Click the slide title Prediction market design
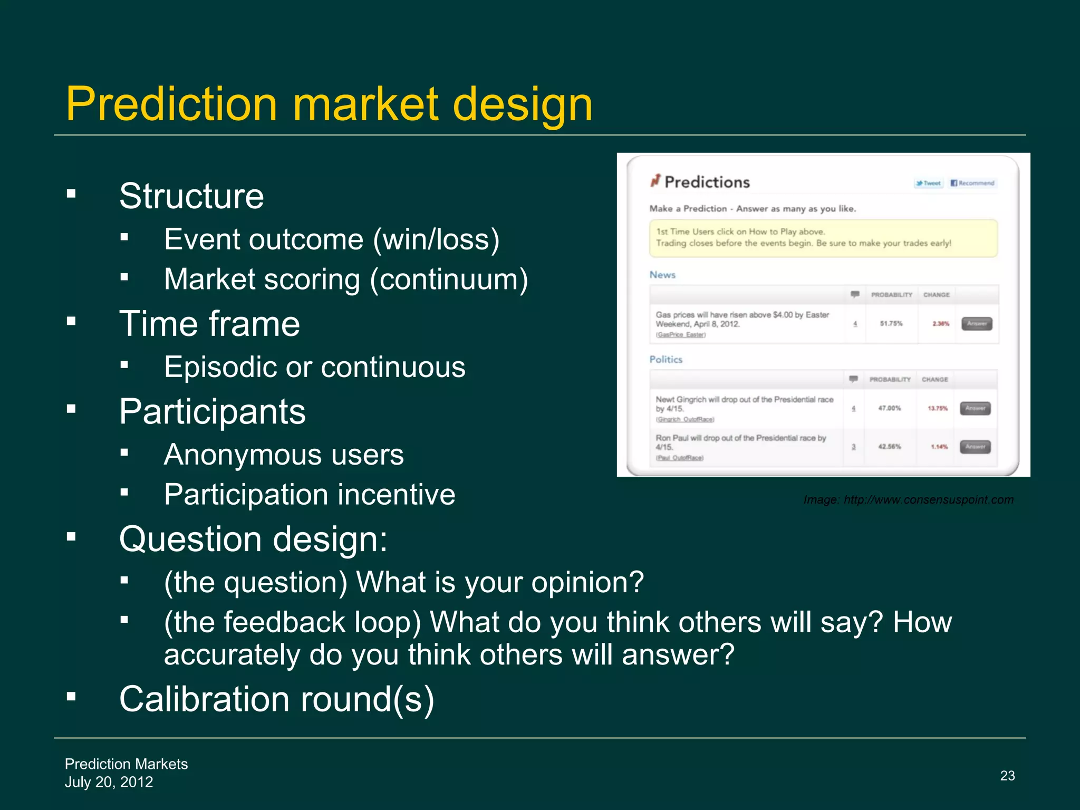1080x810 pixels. click(329, 104)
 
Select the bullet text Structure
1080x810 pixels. click(191, 196)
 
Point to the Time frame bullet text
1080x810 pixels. click(209, 324)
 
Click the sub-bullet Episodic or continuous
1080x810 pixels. click(314, 367)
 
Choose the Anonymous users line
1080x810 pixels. click(283, 455)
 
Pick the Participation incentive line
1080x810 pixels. click(309, 495)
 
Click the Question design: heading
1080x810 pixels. click(253, 539)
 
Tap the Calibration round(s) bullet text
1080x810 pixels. click(276, 699)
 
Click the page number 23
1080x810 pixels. click(1007, 776)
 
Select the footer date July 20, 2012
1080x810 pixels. click(109, 782)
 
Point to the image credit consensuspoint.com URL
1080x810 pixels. click(928, 500)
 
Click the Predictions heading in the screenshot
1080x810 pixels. click(707, 182)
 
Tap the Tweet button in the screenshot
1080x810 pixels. click(929, 184)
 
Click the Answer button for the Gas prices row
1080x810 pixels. click(977, 324)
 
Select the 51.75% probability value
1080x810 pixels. click(891, 324)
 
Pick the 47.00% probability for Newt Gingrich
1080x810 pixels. click(889, 408)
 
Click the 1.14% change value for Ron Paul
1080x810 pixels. click(939, 447)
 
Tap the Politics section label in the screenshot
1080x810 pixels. click(666, 360)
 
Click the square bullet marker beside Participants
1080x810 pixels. click(72, 409)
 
